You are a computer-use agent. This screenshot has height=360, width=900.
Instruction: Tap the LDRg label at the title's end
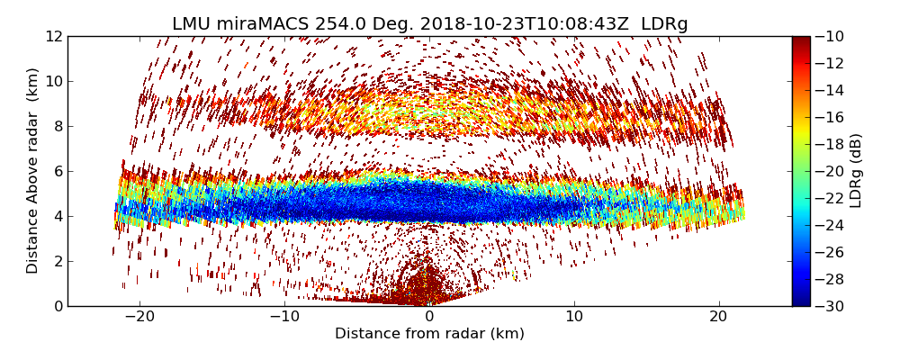pyautogui.click(x=664, y=24)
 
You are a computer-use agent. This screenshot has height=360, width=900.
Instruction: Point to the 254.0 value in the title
pyautogui.click(x=334, y=24)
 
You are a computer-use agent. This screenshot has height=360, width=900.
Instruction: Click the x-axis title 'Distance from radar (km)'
pyautogui.click(x=429, y=334)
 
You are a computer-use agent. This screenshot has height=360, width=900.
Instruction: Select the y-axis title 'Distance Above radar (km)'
pyautogui.click(x=33, y=171)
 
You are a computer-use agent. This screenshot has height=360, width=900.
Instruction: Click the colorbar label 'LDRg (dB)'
pyautogui.click(x=856, y=171)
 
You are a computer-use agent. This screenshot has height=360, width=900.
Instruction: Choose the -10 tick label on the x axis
pyautogui.click(x=284, y=317)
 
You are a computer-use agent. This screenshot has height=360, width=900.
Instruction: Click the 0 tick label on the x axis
pyautogui.click(x=429, y=317)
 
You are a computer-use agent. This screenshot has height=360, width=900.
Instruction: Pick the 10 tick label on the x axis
pyautogui.click(x=574, y=317)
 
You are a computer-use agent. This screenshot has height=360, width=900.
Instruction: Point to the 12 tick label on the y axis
pyautogui.click(x=54, y=36)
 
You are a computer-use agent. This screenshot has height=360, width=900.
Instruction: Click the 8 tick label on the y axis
pyautogui.click(x=58, y=126)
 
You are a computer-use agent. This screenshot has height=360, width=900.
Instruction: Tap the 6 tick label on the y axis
pyautogui.click(x=58, y=171)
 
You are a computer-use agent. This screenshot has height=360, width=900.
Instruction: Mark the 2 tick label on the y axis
pyautogui.click(x=58, y=261)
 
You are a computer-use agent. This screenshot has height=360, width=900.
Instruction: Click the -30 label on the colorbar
pyautogui.click(x=828, y=306)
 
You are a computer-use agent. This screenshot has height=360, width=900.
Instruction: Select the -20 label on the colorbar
pyautogui.click(x=828, y=171)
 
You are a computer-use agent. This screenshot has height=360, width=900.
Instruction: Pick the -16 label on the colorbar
pyautogui.click(x=828, y=117)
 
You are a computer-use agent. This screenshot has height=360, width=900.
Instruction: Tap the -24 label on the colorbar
pyautogui.click(x=828, y=225)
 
